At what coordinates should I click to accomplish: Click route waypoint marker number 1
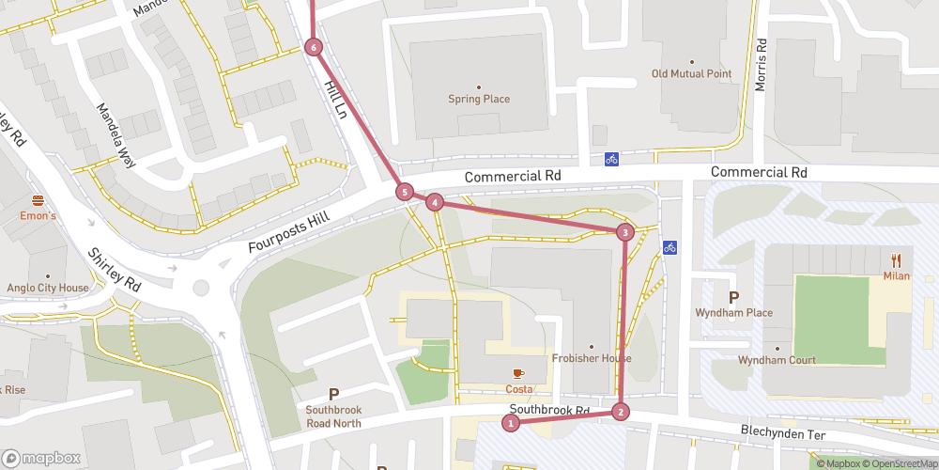pyautogui.click(x=511, y=423)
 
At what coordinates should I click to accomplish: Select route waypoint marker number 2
pyautogui.click(x=620, y=411)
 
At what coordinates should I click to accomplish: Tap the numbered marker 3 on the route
pyautogui.click(x=625, y=232)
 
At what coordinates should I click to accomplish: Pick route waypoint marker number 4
pyautogui.click(x=435, y=202)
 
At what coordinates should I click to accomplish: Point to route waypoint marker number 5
pyautogui.click(x=405, y=193)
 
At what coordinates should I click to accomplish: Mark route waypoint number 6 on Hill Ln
pyautogui.click(x=314, y=47)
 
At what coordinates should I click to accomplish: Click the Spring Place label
pyautogui.click(x=479, y=99)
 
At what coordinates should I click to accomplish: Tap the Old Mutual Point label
pyautogui.click(x=692, y=73)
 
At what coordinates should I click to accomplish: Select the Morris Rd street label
pyautogui.click(x=761, y=65)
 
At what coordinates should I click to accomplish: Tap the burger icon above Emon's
pyautogui.click(x=38, y=200)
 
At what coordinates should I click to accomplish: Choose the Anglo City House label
pyautogui.click(x=47, y=289)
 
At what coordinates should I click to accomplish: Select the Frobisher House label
pyautogui.click(x=591, y=358)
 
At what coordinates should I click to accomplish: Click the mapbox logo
pyautogui.click(x=40, y=458)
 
